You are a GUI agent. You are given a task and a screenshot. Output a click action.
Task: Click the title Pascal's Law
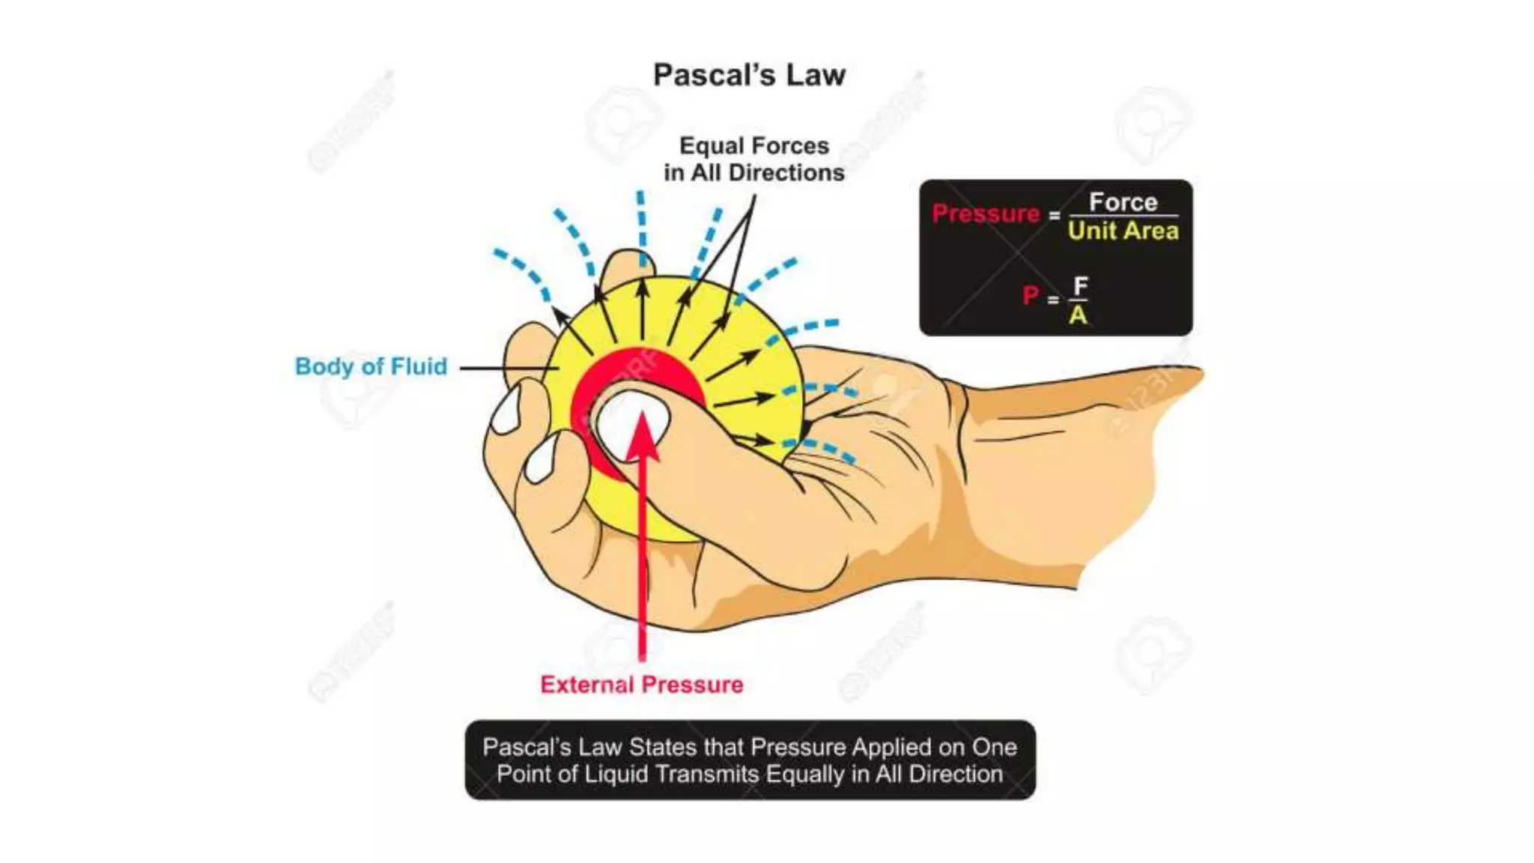[x=749, y=75]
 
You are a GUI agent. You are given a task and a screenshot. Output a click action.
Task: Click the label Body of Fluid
[x=371, y=366]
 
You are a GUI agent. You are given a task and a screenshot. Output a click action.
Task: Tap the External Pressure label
[x=641, y=685]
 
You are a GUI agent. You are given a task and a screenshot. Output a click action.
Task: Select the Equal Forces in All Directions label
[x=754, y=159]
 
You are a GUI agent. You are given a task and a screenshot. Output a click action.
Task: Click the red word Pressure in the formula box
[x=986, y=214]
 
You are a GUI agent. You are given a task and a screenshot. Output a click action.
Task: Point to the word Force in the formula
[x=1123, y=202]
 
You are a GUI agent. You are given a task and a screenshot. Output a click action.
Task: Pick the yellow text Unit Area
[x=1123, y=231]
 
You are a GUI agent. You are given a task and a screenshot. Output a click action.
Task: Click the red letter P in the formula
[x=1031, y=296]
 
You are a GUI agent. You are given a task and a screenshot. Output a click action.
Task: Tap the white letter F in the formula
[x=1080, y=285]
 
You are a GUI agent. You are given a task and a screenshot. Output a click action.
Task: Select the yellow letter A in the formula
[x=1078, y=315]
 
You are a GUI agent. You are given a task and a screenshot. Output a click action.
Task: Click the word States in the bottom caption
[x=660, y=747]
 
